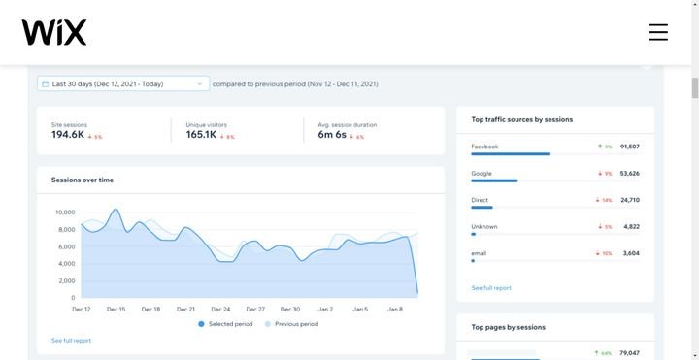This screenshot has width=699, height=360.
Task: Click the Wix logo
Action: click(x=54, y=32)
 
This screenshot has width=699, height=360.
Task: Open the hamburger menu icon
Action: click(x=658, y=32)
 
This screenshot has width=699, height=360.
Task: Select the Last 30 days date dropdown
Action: click(x=123, y=84)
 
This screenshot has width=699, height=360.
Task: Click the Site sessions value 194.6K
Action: click(x=67, y=135)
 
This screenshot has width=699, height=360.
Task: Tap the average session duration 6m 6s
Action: click(x=333, y=135)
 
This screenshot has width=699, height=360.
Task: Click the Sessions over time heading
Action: click(x=82, y=180)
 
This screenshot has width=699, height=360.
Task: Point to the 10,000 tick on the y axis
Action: click(x=65, y=212)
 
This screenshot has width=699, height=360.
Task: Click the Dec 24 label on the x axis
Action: click(x=220, y=309)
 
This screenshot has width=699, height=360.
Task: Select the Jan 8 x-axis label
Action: click(x=395, y=309)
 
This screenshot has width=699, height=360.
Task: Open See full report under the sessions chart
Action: click(x=71, y=341)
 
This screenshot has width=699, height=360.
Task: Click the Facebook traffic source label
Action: click(x=484, y=147)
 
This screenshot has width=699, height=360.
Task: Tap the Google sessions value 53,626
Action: click(x=629, y=174)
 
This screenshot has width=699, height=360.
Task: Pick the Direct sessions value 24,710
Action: click(x=629, y=200)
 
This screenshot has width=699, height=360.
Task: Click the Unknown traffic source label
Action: click(x=484, y=226)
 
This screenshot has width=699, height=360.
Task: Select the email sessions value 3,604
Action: click(x=630, y=253)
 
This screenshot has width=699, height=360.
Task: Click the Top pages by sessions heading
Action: click(x=508, y=327)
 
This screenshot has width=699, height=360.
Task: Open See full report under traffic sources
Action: click(x=491, y=288)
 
